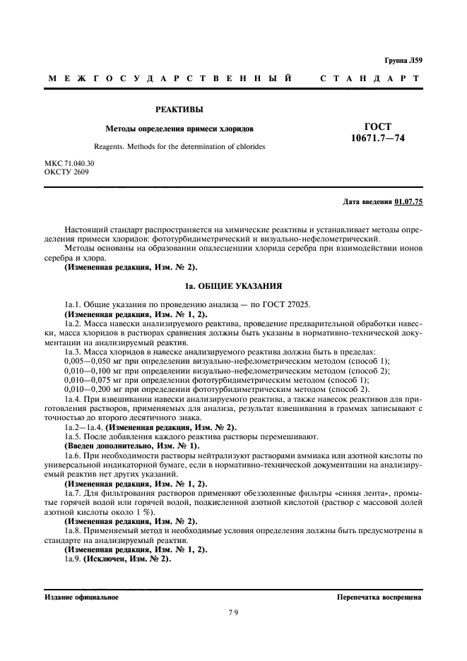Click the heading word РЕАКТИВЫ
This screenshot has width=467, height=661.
(x=179, y=109)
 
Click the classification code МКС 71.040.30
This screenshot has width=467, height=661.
(x=69, y=163)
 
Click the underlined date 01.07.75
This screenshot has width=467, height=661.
(x=408, y=202)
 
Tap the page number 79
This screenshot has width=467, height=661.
(x=234, y=613)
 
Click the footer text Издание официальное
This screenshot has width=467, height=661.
(x=81, y=597)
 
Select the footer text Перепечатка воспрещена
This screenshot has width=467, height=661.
(x=380, y=597)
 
